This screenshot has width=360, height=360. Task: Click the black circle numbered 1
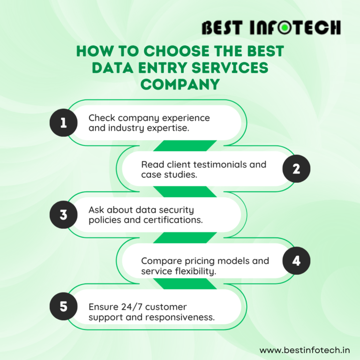pos(64,123)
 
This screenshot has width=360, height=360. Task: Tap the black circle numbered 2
pos(296,169)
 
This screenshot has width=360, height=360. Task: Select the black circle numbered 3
pos(64,215)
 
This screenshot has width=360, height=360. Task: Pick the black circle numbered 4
pos(296,261)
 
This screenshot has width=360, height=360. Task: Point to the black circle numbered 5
pos(64,306)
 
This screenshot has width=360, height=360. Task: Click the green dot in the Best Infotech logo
pos(285,28)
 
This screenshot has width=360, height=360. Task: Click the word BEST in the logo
pos(222,28)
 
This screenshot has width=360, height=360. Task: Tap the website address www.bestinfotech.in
pos(305,350)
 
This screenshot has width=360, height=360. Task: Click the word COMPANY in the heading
pos(180,84)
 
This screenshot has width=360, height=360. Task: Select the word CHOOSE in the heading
pos(177,51)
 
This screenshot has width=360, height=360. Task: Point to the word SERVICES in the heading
pos(230,67)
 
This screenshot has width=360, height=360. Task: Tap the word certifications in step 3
pos(173,220)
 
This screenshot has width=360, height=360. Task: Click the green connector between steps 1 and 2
pos(185,146)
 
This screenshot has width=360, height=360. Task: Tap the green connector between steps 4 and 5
pos(185,284)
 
